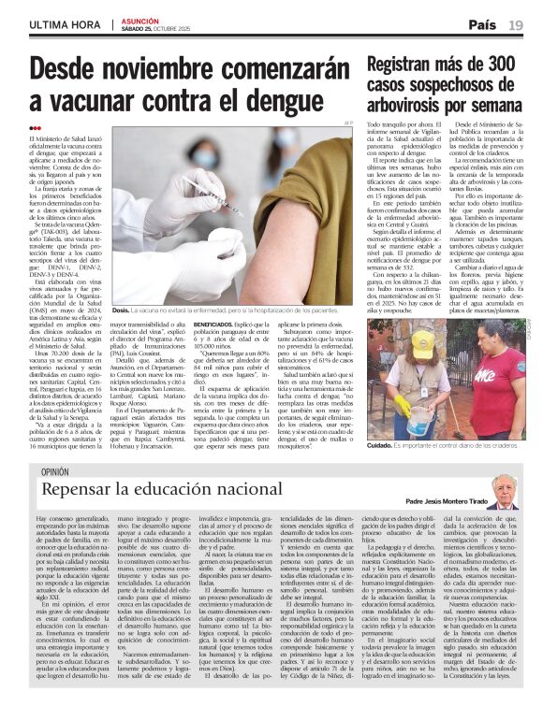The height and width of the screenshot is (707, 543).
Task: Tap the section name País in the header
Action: [482, 24]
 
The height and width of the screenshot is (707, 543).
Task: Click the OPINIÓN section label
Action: [54, 473]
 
